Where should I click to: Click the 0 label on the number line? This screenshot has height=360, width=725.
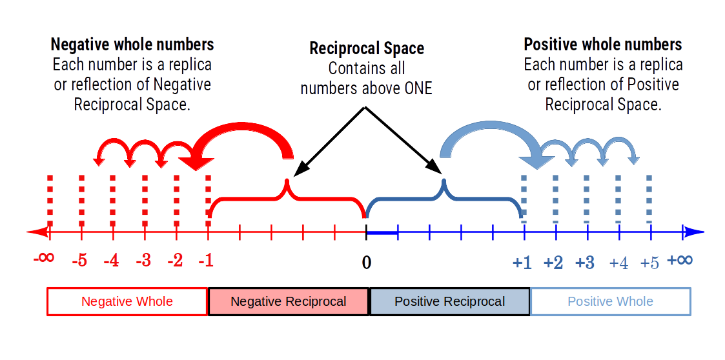(367, 263)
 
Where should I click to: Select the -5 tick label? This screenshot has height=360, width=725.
(79, 261)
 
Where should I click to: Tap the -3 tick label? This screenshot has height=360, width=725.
(143, 261)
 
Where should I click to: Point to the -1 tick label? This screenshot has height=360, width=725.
(206, 261)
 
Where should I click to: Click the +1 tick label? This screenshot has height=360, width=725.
(522, 263)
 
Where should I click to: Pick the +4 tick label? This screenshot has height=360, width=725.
(618, 263)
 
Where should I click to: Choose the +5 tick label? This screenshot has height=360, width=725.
(649, 263)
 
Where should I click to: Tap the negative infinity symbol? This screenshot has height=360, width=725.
(43, 258)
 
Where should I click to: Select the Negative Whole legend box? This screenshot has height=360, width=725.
(127, 301)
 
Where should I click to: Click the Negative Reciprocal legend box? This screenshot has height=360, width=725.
(289, 301)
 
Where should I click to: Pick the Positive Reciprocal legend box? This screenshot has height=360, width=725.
(450, 301)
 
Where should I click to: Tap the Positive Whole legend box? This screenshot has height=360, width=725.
(610, 301)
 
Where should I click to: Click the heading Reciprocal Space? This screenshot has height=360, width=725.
(367, 48)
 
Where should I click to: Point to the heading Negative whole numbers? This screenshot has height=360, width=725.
(132, 45)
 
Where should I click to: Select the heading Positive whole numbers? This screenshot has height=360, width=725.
(602, 45)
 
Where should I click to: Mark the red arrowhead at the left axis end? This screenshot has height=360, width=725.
(36, 232)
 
